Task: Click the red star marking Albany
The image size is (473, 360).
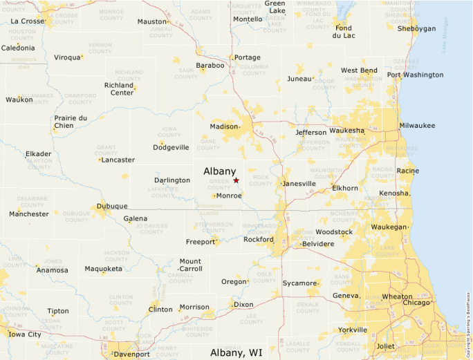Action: coord(236,180)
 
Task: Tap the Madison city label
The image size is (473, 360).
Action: coord(223,126)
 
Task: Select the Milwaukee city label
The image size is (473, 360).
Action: coord(417,125)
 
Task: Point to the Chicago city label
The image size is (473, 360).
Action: coord(416,303)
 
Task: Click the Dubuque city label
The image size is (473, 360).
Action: coord(112,206)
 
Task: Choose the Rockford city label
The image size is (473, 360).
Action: coord(259,240)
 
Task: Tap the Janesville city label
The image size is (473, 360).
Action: coord(299,184)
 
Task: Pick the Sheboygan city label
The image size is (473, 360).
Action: coord(416,28)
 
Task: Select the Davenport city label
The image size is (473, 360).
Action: coord(131,354)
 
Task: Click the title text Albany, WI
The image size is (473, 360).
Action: coord(236,352)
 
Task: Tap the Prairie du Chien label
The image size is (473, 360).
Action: coord(71,122)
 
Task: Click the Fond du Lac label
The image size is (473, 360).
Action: coord(343,32)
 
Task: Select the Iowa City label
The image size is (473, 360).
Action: coord(24,334)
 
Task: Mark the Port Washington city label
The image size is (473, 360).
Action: coord(415,75)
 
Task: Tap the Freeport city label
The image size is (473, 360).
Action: coord(201,242)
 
